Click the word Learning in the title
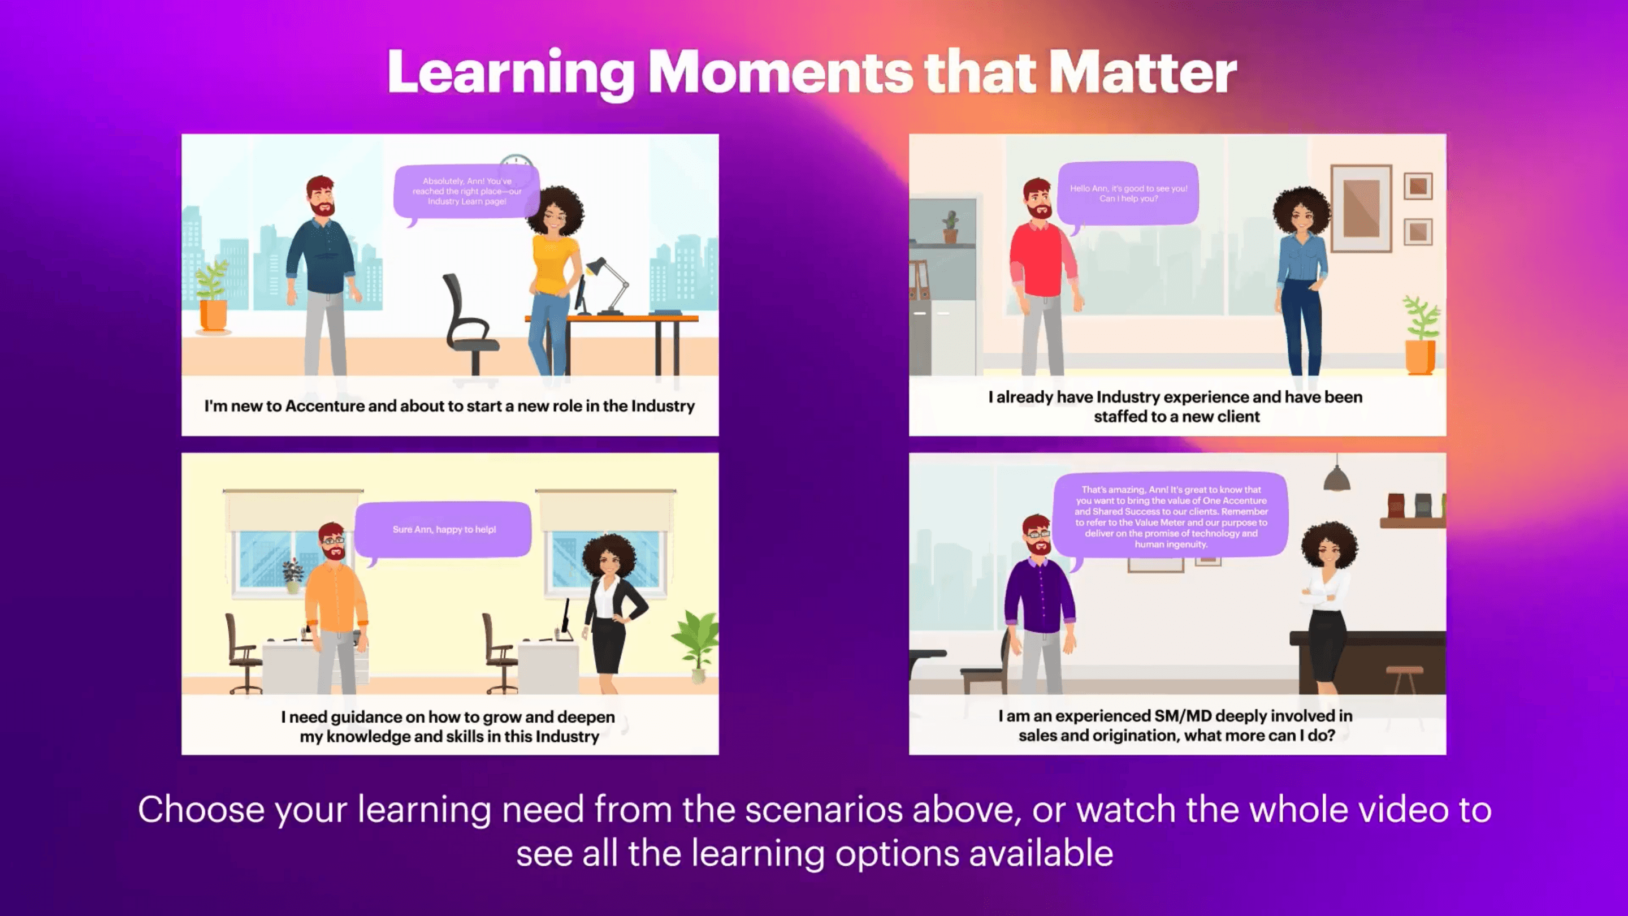click(x=510, y=75)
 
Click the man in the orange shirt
click(x=335, y=607)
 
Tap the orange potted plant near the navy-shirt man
click(x=213, y=297)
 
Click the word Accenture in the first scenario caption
click(x=324, y=406)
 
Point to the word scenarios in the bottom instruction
click(x=824, y=810)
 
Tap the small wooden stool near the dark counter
click(x=1404, y=680)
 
